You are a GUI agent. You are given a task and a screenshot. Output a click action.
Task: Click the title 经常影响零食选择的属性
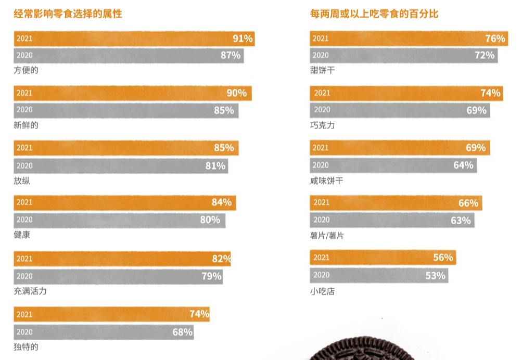click(x=68, y=14)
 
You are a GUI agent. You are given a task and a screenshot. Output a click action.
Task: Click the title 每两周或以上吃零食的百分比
click(x=374, y=14)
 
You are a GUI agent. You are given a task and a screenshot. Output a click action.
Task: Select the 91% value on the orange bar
click(x=243, y=38)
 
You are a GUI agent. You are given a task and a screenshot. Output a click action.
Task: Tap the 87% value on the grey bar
click(x=231, y=55)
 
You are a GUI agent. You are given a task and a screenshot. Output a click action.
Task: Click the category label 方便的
click(x=26, y=70)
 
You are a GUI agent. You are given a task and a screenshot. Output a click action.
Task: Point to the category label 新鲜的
click(x=26, y=125)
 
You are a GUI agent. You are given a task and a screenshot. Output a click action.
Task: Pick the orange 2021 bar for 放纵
click(x=125, y=148)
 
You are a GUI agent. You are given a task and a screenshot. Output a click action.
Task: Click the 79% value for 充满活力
click(x=211, y=276)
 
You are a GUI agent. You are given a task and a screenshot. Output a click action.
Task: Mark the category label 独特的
click(x=26, y=346)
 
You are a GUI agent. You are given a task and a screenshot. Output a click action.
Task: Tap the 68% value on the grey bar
click(x=182, y=332)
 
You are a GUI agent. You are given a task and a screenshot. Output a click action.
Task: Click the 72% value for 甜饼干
click(x=485, y=55)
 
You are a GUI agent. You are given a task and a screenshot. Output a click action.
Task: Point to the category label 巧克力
click(x=322, y=125)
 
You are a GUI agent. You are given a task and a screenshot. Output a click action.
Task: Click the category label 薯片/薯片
click(x=326, y=236)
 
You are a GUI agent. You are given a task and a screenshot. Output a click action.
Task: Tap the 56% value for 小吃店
click(x=443, y=258)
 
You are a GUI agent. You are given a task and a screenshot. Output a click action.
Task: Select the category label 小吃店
click(x=322, y=291)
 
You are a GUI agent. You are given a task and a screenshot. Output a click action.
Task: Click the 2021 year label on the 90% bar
click(x=24, y=93)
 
